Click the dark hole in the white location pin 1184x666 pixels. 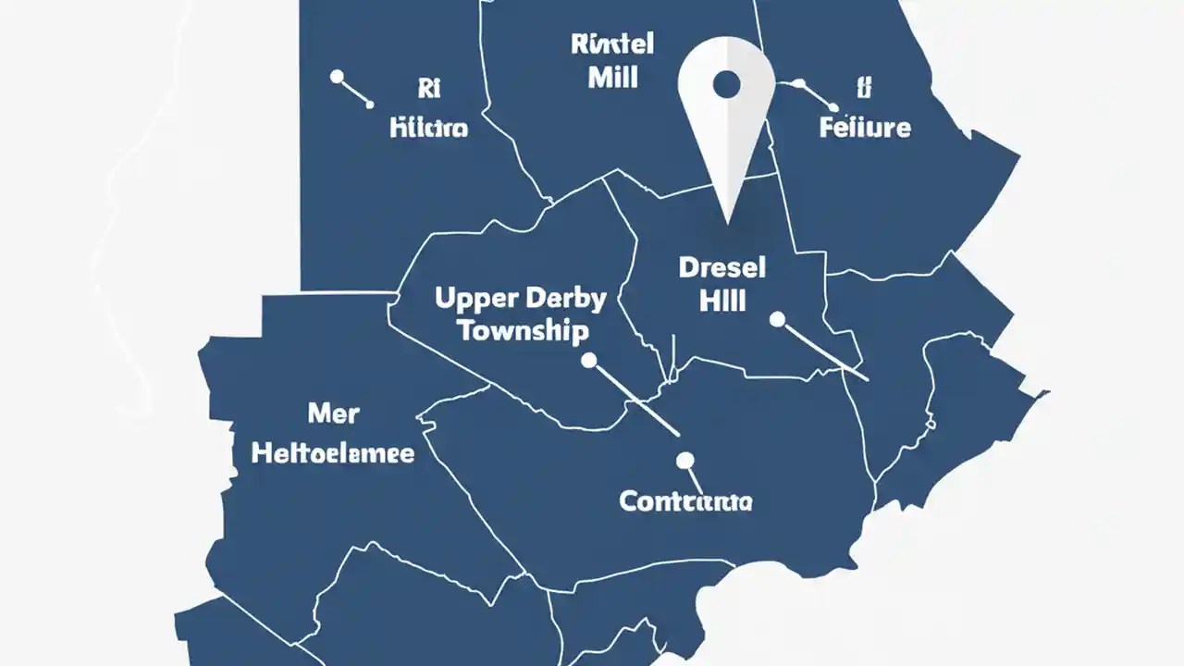coord(727,85)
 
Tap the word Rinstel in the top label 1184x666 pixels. coord(612,43)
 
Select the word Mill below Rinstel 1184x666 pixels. coord(612,77)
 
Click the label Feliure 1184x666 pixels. coord(865,127)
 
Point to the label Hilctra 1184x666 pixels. coord(428,127)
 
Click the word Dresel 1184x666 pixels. coord(722,268)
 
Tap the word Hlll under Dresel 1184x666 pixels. coord(722,302)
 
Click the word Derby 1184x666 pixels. coord(564,299)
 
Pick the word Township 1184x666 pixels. coord(523,331)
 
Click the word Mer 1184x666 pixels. coord(333,413)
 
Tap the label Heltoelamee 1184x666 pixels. coord(333,453)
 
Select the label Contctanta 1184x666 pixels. coord(685,502)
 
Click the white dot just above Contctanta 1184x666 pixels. coord(684,460)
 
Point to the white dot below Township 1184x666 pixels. coord(589,361)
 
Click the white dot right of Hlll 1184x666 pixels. coord(777,319)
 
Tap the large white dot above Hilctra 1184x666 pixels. coord(338,77)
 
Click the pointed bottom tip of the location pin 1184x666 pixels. coord(727,220)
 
